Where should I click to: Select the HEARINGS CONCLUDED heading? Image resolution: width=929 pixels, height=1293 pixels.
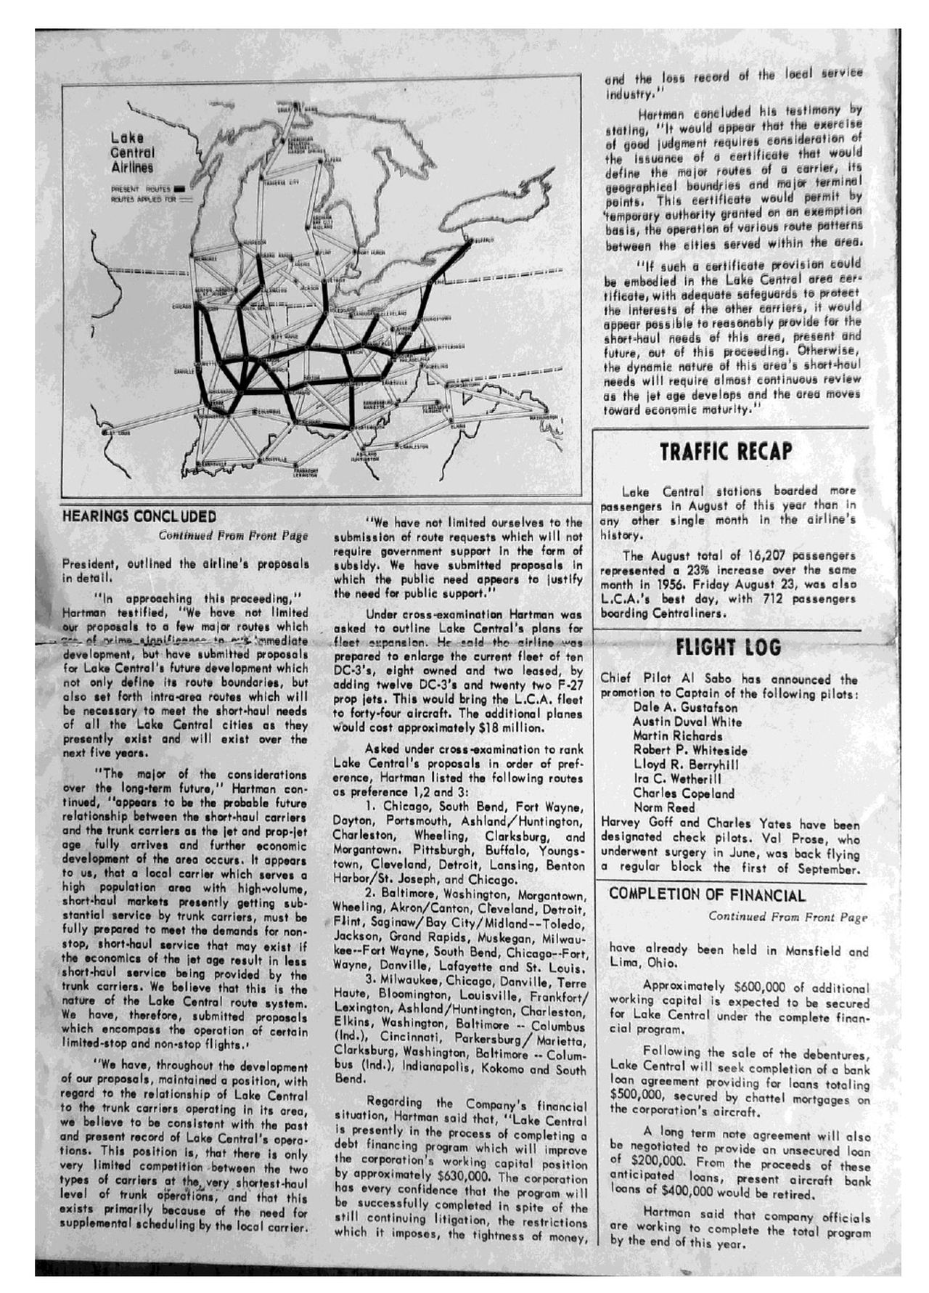139,516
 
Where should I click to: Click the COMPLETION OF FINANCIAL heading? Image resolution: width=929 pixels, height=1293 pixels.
707,894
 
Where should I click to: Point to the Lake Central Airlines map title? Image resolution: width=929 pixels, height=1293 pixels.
132,152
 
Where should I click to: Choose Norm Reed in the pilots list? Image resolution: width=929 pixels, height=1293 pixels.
663,807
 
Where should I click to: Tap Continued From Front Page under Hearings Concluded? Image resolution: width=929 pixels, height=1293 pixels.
233,536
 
